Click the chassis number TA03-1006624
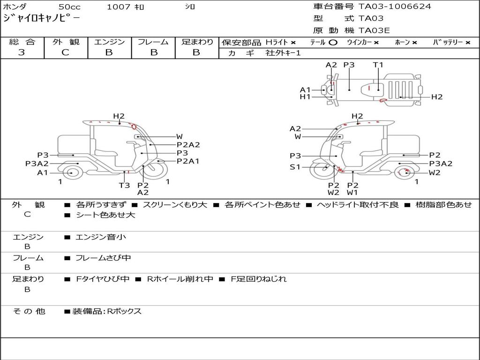tap(395, 7)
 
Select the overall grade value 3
tap(22, 52)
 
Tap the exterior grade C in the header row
tap(65, 52)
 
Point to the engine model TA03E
tap(374, 30)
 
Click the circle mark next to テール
tap(333, 43)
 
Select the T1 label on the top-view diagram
tap(378, 65)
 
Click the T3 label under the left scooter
tap(125, 185)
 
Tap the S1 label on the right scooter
tap(295, 167)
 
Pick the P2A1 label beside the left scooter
tap(188, 161)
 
